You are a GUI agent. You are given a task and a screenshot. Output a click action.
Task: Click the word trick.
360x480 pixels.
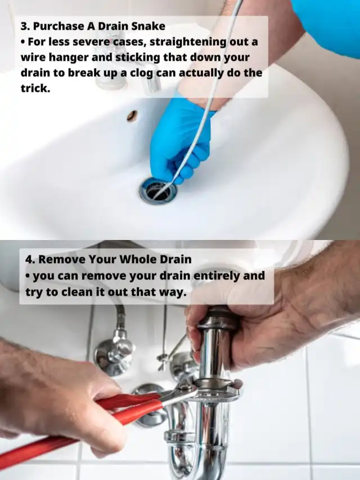35,88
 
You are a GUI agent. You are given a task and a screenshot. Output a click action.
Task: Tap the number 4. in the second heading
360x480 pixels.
30,259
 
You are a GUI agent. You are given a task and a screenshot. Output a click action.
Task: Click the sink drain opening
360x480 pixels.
157,191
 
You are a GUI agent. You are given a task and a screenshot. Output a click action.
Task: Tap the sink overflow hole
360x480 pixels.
132,115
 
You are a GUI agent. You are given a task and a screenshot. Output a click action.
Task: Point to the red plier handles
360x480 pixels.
79,425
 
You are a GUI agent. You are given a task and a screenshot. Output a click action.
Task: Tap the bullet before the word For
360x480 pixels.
23,42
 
